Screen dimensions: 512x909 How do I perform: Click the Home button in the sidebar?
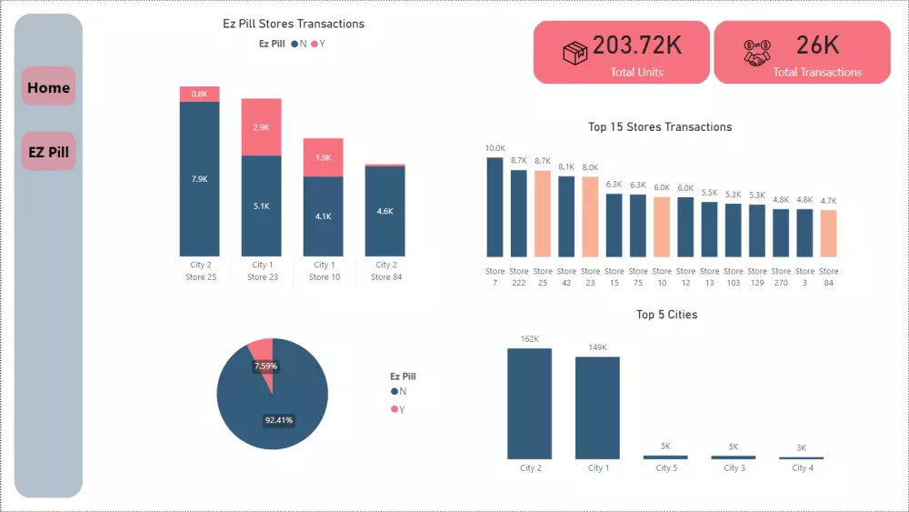48,87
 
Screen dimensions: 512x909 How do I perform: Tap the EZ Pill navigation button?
48,152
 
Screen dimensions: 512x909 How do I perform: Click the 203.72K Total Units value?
636,45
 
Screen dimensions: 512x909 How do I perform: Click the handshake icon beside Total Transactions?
756,54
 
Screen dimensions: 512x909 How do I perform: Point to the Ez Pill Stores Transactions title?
294,24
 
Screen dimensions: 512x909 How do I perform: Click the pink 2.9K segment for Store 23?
261,127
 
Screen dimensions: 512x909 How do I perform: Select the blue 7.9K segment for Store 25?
199,178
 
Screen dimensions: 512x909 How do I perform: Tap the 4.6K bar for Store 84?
385,211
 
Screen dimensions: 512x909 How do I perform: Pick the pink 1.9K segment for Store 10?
323,157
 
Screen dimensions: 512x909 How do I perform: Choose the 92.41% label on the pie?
278,420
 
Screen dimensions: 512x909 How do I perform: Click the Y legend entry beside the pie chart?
398,409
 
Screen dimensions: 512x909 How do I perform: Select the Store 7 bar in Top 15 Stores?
494,206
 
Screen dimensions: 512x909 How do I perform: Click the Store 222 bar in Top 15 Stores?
518,213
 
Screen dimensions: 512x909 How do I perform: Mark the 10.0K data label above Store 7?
494,148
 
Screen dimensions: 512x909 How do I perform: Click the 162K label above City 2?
529,339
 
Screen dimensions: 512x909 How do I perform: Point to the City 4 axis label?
801,468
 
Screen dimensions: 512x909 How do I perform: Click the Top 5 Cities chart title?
666,315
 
